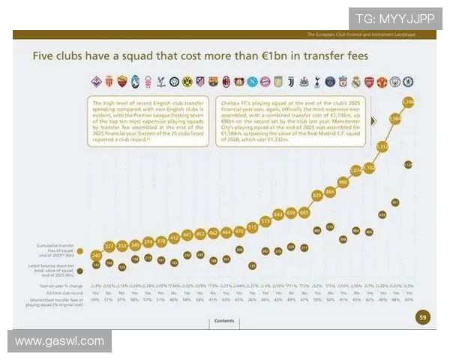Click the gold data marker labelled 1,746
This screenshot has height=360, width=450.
pyautogui.click(x=408, y=101)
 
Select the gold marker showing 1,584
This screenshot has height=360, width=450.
pyautogui.click(x=395, y=118)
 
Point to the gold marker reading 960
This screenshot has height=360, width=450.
pyautogui.click(x=343, y=181)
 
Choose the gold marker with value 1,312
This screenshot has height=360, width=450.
pyautogui.click(x=382, y=147)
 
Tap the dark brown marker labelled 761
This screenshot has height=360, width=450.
pyautogui.click(x=395, y=202)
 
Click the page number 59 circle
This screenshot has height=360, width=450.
pyautogui.click(x=422, y=318)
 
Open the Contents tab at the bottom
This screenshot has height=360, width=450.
pyautogui.click(x=224, y=320)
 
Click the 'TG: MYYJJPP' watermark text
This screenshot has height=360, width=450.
pyautogui.click(x=395, y=19)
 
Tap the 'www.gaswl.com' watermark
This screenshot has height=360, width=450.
pyautogui.click(x=59, y=341)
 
